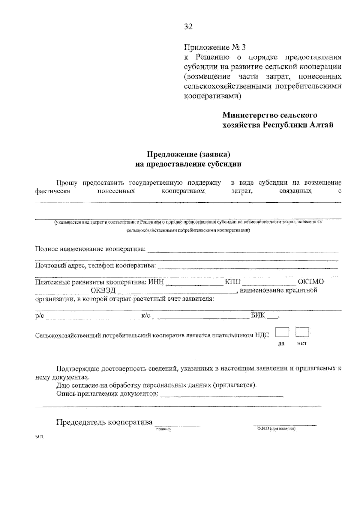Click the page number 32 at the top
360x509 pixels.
coord(188,27)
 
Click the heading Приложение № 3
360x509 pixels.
coord(214,47)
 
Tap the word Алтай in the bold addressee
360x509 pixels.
coord(322,125)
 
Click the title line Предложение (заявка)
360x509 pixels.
coord(188,154)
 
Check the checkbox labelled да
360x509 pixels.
coord(282,332)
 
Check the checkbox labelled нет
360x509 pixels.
coord(302,332)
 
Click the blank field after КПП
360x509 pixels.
coord(269,282)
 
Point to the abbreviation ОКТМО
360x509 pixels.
coord(311,282)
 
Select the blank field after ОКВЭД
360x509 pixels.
coord(176,291)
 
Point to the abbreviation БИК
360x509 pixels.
coord(258,315)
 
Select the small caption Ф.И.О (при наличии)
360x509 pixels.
coord(276,429)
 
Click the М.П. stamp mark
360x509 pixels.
coord(39,437)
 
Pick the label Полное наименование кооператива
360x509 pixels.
coord(90,249)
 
